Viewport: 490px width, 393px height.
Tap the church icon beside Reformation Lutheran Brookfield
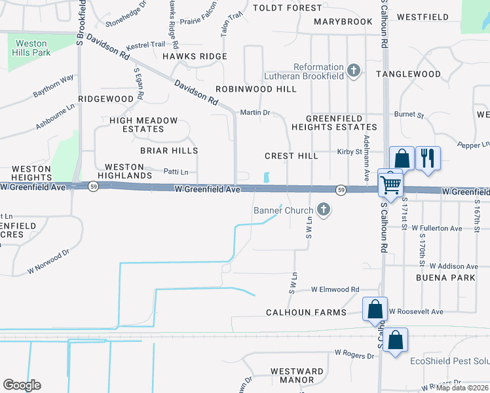coord(354,71)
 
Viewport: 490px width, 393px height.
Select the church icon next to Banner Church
coord(322,210)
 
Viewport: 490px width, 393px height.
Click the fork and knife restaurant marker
coord(428,159)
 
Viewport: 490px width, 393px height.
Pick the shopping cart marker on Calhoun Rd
coord(391,185)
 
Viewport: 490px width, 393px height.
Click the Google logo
coord(22,385)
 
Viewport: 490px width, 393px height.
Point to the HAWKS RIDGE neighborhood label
coord(195,56)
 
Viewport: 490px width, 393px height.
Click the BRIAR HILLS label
coord(159,150)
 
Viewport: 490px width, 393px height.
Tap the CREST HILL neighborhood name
coord(291,156)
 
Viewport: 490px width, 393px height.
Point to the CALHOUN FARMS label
coord(306,312)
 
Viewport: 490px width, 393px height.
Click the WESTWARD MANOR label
coord(292,375)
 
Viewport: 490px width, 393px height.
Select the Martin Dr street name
coord(255,113)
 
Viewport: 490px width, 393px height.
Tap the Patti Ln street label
coord(176,172)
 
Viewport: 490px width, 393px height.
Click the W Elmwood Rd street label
coord(335,289)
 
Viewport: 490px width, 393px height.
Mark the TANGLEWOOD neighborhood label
coord(408,74)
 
